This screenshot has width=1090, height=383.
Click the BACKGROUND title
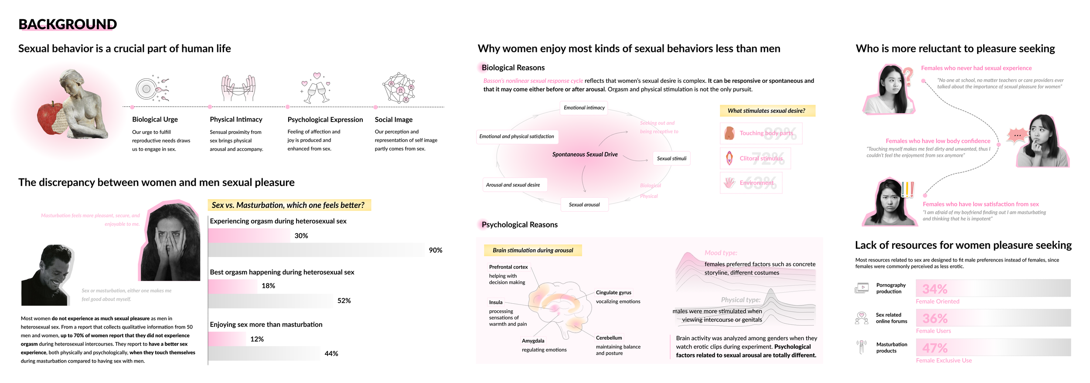68,24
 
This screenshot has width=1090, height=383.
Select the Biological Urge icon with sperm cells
151,88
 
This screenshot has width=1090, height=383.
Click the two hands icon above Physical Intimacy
238,88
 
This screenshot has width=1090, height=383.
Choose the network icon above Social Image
399,88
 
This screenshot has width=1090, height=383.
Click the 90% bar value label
435,250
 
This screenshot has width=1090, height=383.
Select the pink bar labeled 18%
233,286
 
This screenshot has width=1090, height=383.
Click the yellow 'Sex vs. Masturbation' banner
289,205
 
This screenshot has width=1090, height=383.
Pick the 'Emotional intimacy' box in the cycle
584,108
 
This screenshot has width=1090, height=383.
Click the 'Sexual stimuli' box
671,159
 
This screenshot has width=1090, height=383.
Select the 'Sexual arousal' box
584,205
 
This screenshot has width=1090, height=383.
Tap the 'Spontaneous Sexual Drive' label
585,154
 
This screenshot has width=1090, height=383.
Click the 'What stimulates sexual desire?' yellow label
767,111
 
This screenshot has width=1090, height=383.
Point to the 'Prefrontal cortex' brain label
508,267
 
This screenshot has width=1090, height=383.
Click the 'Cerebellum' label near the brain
609,338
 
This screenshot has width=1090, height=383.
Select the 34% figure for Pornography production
935,289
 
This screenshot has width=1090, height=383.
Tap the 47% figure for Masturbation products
935,348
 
